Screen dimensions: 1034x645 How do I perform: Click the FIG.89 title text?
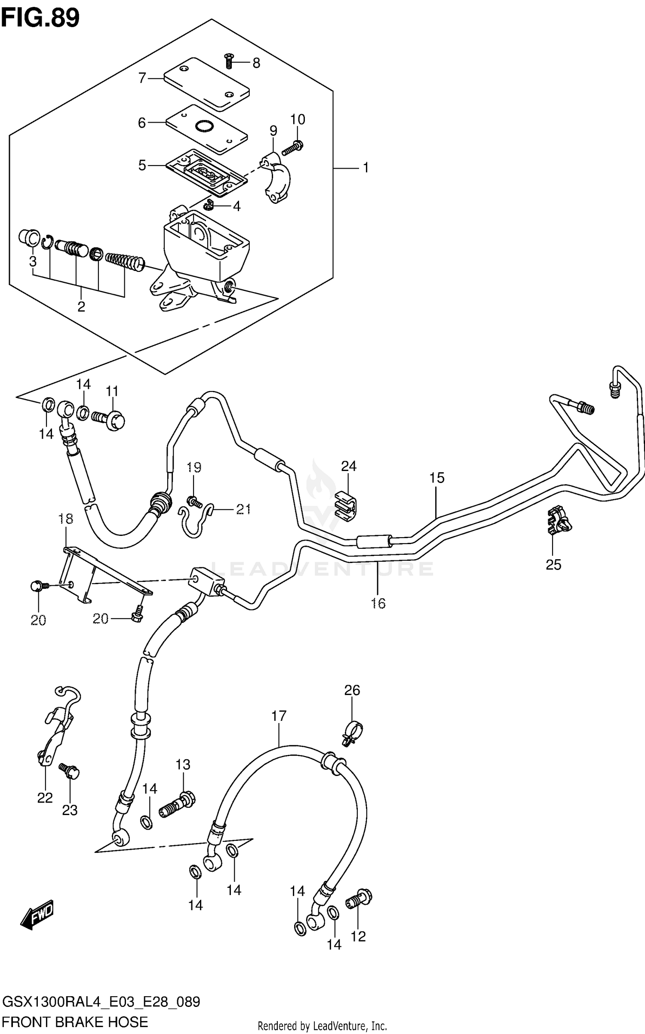point(40,18)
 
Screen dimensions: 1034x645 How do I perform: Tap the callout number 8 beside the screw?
point(256,64)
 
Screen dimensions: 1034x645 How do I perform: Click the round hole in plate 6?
point(204,126)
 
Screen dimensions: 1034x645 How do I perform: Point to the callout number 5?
point(142,165)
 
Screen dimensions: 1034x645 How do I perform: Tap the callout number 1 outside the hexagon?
point(365,168)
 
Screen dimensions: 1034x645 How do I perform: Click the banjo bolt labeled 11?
point(110,419)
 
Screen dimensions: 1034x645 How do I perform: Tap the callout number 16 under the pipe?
point(378,603)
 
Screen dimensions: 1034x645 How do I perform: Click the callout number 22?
point(45,798)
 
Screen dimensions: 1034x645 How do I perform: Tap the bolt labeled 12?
point(359,899)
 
